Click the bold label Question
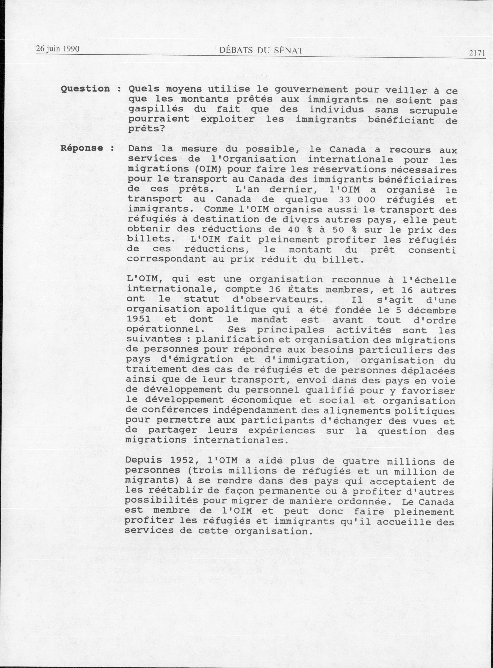point(85,89)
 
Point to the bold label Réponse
point(82,148)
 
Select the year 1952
point(183,460)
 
